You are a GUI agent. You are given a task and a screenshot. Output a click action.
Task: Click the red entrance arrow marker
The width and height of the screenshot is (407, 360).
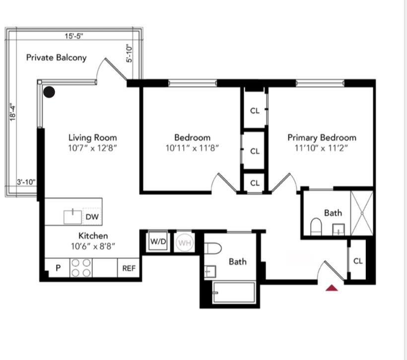[x=332, y=287]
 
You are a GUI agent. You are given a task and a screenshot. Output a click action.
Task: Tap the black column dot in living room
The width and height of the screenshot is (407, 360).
[x=49, y=91]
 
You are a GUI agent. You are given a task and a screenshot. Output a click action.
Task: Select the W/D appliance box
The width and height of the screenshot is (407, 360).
[x=158, y=242]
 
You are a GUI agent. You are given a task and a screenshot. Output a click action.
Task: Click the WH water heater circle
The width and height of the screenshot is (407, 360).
[x=184, y=242]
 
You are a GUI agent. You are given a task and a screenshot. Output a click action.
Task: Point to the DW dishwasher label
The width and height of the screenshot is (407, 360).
[x=92, y=216]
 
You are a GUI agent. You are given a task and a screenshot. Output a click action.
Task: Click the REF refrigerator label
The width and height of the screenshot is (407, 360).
[x=129, y=268]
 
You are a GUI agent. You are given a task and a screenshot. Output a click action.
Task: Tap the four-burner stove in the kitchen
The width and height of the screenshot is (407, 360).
[x=80, y=268]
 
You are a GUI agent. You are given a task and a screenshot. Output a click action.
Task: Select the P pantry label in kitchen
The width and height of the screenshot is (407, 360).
[x=58, y=268]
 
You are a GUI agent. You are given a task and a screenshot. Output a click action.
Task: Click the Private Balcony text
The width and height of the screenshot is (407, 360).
[x=56, y=58]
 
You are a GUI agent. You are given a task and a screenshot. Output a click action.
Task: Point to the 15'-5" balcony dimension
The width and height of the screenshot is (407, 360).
[x=73, y=36]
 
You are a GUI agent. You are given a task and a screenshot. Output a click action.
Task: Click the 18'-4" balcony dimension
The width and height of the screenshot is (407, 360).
[x=14, y=112]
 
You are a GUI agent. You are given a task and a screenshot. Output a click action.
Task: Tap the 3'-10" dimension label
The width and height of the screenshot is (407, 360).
[x=26, y=182]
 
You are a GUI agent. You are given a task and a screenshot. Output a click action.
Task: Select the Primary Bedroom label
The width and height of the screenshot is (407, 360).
[x=322, y=138]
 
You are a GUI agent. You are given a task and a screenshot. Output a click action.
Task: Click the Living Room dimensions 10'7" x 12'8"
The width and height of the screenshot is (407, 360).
[x=92, y=147]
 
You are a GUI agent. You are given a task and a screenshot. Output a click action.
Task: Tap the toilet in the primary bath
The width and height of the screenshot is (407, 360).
[x=316, y=226]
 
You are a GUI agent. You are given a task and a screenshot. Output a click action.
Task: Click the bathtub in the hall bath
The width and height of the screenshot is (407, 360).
[x=233, y=292]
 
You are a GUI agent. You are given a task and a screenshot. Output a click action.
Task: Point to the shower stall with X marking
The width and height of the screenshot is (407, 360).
[x=362, y=213]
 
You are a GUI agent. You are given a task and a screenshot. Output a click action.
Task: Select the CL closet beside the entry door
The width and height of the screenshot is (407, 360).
[x=358, y=261]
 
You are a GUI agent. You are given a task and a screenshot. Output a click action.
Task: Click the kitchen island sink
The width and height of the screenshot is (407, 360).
[x=72, y=216]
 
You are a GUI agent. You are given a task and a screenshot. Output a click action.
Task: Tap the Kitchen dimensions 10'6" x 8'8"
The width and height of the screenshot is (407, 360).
[x=93, y=245]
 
